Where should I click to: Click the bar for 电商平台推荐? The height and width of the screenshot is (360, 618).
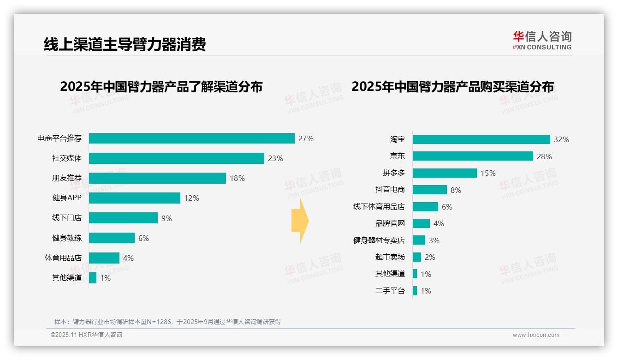(191, 138)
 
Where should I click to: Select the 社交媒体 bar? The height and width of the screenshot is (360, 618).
(176, 158)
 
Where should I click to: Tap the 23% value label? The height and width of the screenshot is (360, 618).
(275, 158)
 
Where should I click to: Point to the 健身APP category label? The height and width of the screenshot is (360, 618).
(67, 198)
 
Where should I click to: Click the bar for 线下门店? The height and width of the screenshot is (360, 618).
(123, 218)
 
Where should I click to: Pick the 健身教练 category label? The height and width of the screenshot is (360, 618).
(67, 238)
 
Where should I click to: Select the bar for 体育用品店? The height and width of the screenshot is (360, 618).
(104, 258)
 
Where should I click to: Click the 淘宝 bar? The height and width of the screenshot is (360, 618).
(481, 139)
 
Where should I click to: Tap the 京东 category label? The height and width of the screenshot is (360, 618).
(397, 156)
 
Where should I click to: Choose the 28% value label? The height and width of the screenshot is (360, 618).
(544, 156)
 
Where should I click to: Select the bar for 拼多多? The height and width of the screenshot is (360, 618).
(445, 173)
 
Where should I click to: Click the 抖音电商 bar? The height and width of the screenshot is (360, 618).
(429, 190)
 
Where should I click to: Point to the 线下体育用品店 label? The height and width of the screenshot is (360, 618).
(379, 207)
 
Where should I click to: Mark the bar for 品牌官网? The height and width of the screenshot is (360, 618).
(421, 223)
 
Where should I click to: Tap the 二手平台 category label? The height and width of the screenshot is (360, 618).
(390, 291)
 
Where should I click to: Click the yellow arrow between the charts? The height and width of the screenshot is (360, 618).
(300, 221)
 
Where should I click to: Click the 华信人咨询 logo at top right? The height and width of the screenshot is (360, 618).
(542, 40)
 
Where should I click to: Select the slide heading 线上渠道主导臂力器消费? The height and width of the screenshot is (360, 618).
(125, 44)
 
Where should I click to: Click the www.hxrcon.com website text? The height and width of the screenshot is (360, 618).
(536, 335)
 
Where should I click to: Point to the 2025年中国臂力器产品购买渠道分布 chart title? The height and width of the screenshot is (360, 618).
(452, 87)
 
